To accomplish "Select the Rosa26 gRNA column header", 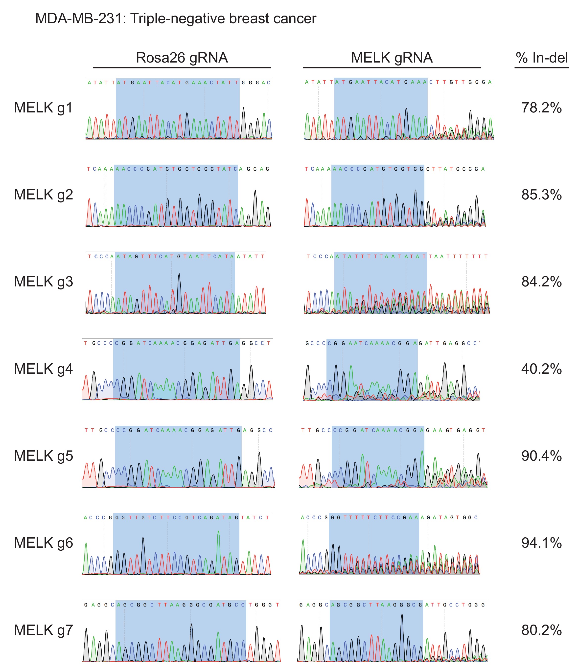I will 182,58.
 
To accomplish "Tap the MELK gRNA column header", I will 392,58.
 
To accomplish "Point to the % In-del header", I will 542,58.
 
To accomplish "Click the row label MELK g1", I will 44,108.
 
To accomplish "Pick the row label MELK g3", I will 44,282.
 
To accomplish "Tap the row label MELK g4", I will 44,369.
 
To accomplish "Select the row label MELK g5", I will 44,456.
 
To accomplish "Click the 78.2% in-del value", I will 541,108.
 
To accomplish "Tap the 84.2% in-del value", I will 541,282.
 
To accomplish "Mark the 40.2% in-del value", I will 541,369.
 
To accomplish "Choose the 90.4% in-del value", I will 541,456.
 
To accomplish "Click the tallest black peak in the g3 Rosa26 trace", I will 179,275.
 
